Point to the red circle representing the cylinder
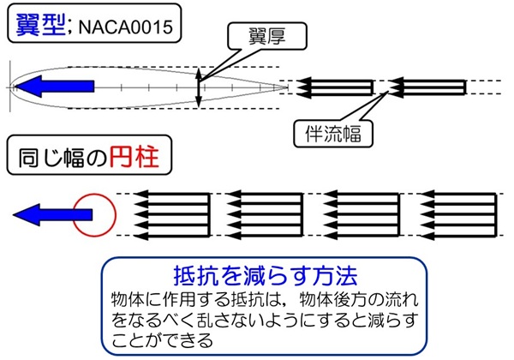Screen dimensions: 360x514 tap(93, 213)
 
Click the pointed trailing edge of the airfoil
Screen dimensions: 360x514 tap(285, 87)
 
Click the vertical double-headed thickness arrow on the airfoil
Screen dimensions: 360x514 tap(199, 87)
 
